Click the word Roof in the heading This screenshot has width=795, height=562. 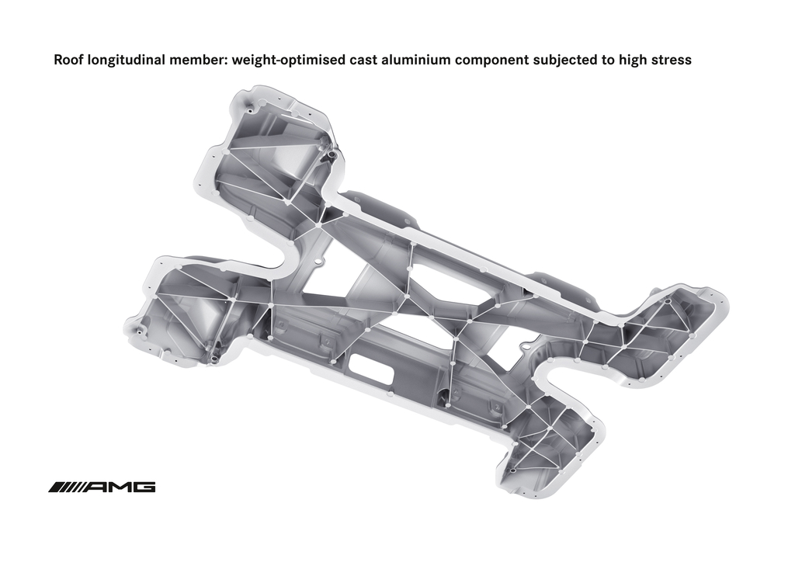[x=69, y=60]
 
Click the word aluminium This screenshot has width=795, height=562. [x=416, y=60]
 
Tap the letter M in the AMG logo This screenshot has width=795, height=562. [x=120, y=487]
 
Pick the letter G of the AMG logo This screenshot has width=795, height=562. [x=144, y=487]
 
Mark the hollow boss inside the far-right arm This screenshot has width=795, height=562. [x=668, y=301]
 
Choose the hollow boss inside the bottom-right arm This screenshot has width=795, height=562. [x=512, y=470]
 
